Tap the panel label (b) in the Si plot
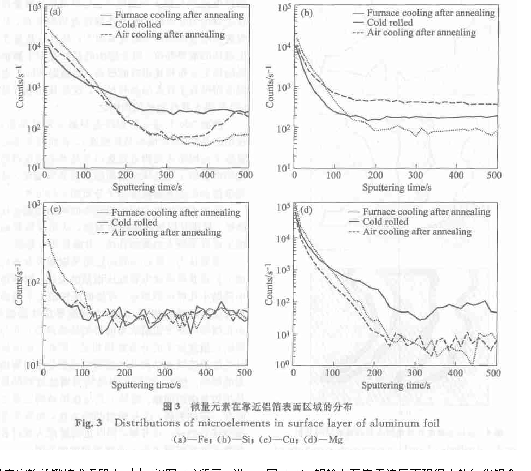pos(306,13)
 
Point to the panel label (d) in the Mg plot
pos(306,210)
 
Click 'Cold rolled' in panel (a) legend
pos(138,25)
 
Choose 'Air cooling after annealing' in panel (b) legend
pos(421,33)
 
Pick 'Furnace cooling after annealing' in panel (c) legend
pos(176,213)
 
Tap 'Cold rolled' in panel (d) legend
pos(385,222)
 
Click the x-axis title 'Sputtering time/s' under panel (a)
pos(147,187)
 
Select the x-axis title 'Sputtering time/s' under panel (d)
pos(396,385)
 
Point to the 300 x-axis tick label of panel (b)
pos(415,175)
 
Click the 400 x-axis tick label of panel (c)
pos(206,372)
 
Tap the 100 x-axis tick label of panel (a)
pos(83,175)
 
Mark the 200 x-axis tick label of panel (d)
pos(374,373)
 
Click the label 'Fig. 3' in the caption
pos(88,423)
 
